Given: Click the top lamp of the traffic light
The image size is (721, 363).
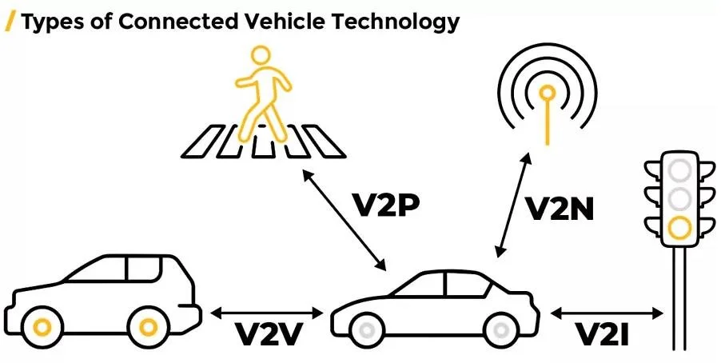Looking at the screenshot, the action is pos(680,170).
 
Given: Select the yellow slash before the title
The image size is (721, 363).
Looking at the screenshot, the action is pos(11,22).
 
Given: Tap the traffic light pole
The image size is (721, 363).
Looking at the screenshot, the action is pos(680,304).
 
